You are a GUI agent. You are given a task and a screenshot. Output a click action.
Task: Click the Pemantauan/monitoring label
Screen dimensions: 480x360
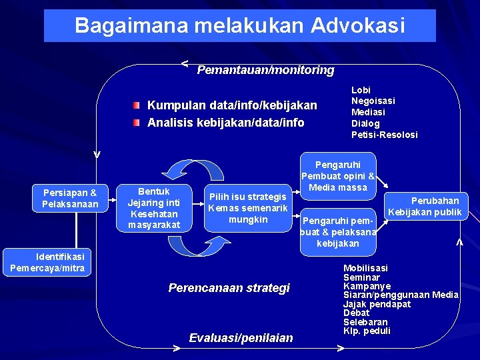click(265, 70)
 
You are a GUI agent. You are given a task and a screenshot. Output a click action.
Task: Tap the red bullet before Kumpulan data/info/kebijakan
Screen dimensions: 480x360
click(136, 105)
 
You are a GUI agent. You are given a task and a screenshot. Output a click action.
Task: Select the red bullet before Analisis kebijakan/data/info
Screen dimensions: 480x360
click(136, 123)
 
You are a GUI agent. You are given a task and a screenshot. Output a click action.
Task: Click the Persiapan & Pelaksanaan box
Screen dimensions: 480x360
click(69, 199)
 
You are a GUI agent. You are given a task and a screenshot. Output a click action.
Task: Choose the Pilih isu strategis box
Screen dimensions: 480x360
click(247, 207)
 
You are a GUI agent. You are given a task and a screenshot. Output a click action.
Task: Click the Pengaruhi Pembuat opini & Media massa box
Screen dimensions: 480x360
click(338, 176)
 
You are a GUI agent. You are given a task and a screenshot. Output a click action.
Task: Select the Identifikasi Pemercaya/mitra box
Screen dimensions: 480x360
click(47, 262)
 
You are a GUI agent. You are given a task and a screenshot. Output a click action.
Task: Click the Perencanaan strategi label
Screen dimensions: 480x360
click(229, 288)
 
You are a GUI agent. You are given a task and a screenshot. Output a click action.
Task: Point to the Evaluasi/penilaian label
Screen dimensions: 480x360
click(241, 338)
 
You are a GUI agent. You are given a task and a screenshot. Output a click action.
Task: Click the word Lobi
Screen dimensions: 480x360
click(361, 89)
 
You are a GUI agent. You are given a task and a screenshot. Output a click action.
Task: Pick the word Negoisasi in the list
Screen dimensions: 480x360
click(373, 101)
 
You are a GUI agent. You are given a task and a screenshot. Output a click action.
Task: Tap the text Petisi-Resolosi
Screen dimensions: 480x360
click(384, 135)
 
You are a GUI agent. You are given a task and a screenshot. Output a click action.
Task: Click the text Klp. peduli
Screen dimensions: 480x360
click(366, 331)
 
